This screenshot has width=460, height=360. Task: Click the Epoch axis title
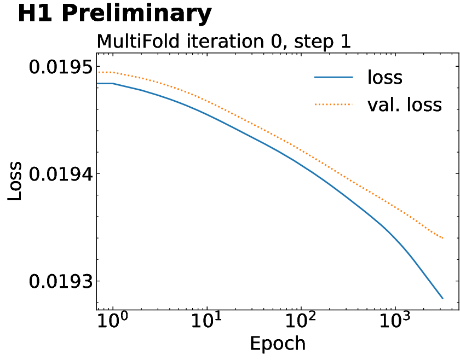pos(278,344)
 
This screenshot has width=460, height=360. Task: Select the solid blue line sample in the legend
pos(334,78)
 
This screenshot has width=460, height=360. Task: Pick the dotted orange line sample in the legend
pos(334,104)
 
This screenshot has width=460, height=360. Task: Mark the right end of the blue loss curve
pos(442,299)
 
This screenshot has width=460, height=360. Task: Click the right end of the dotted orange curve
pos(442,239)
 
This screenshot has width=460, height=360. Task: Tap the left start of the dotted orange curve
pos(98,72)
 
